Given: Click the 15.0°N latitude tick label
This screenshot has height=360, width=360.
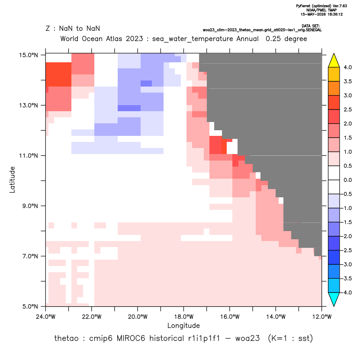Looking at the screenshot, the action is (29, 55).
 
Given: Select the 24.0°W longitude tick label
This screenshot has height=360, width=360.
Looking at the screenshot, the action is (46, 317).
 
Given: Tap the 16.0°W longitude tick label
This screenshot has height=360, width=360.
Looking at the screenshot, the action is (230, 317).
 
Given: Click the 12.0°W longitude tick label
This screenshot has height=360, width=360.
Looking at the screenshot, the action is (322, 317).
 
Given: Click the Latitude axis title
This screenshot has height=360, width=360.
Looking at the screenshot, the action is (12, 180).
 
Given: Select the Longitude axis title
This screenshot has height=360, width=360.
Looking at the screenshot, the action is (183, 325).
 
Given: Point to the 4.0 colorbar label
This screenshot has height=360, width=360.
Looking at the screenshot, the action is (347, 67).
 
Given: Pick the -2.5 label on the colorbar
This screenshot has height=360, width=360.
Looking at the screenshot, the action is (347, 250).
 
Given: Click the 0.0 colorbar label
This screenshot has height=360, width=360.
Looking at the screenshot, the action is (347, 180).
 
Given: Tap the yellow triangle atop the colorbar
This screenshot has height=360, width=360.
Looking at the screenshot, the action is (334, 60).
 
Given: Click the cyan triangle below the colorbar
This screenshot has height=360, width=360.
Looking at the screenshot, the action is (334, 299).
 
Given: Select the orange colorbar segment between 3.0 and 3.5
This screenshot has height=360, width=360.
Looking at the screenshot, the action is (334, 88).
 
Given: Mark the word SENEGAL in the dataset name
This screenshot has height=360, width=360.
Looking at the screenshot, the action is (314, 30).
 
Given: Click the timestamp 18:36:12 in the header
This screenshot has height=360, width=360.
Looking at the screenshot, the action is (334, 14).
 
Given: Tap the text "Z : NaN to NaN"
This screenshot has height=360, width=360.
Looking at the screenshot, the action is (73, 29).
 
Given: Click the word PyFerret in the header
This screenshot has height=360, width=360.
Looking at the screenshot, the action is (303, 6).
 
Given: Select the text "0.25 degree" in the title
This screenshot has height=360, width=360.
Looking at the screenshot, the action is (286, 39).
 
